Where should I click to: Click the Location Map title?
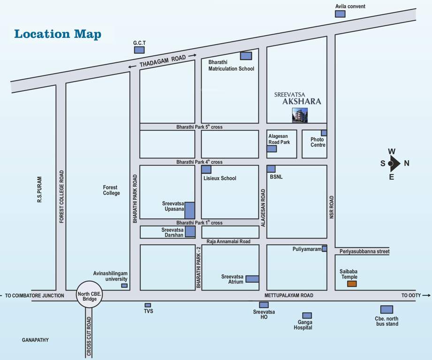[x=58, y=34]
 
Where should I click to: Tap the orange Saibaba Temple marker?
[x=352, y=284]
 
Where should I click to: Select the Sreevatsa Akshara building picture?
[x=300, y=115]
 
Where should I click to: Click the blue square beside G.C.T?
[x=139, y=50]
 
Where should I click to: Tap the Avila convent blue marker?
[x=340, y=14]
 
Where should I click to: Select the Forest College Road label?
[x=61, y=196]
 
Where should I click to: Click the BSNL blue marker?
[x=271, y=169]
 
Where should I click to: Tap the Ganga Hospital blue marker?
[x=307, y=315]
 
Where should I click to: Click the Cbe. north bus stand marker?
[x=387, y=309]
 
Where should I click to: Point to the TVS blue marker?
[x=148, y=305]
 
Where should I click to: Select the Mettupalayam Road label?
[x=288, y=295]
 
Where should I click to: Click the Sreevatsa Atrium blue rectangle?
[x=252, y=279]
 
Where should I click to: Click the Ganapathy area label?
[x=35, y=340]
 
